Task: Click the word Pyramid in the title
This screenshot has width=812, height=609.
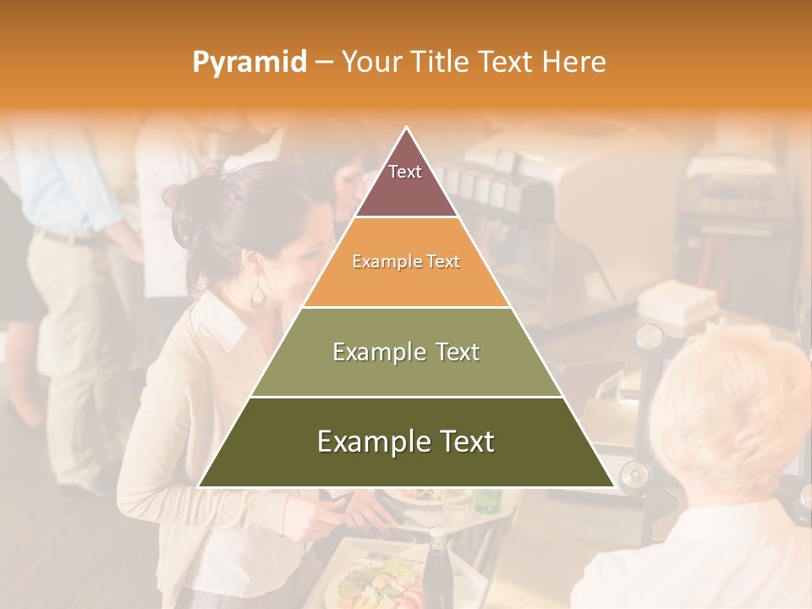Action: pyautogui.click(x=249, y=63)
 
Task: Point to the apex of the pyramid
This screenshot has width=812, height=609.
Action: pyautogui.click(x=406, y=129)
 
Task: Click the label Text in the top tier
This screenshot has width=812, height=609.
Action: pyautogui.click(x=405, y=172)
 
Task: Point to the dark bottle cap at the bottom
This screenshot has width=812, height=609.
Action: pyautogui.click(x=436, y=535)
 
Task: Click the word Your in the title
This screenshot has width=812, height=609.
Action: pyautogui.click(x=370, y=62)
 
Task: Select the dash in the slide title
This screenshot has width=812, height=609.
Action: pyautogui.click(x=323, y=63)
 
